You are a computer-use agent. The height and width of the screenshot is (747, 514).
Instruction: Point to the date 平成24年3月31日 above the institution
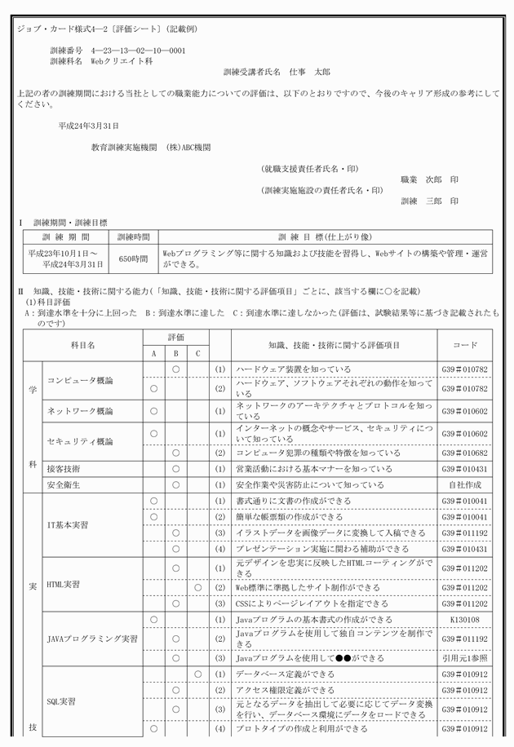point(89,126)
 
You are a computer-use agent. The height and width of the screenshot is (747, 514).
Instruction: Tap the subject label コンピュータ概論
point(79,380)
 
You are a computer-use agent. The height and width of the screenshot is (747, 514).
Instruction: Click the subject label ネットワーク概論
point(79,411)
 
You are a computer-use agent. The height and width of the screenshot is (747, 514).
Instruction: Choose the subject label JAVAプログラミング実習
point(91,639)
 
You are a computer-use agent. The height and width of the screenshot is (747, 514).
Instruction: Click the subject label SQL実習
point(64,701)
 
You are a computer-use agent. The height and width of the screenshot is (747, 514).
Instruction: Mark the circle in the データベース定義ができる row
point(198,674)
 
